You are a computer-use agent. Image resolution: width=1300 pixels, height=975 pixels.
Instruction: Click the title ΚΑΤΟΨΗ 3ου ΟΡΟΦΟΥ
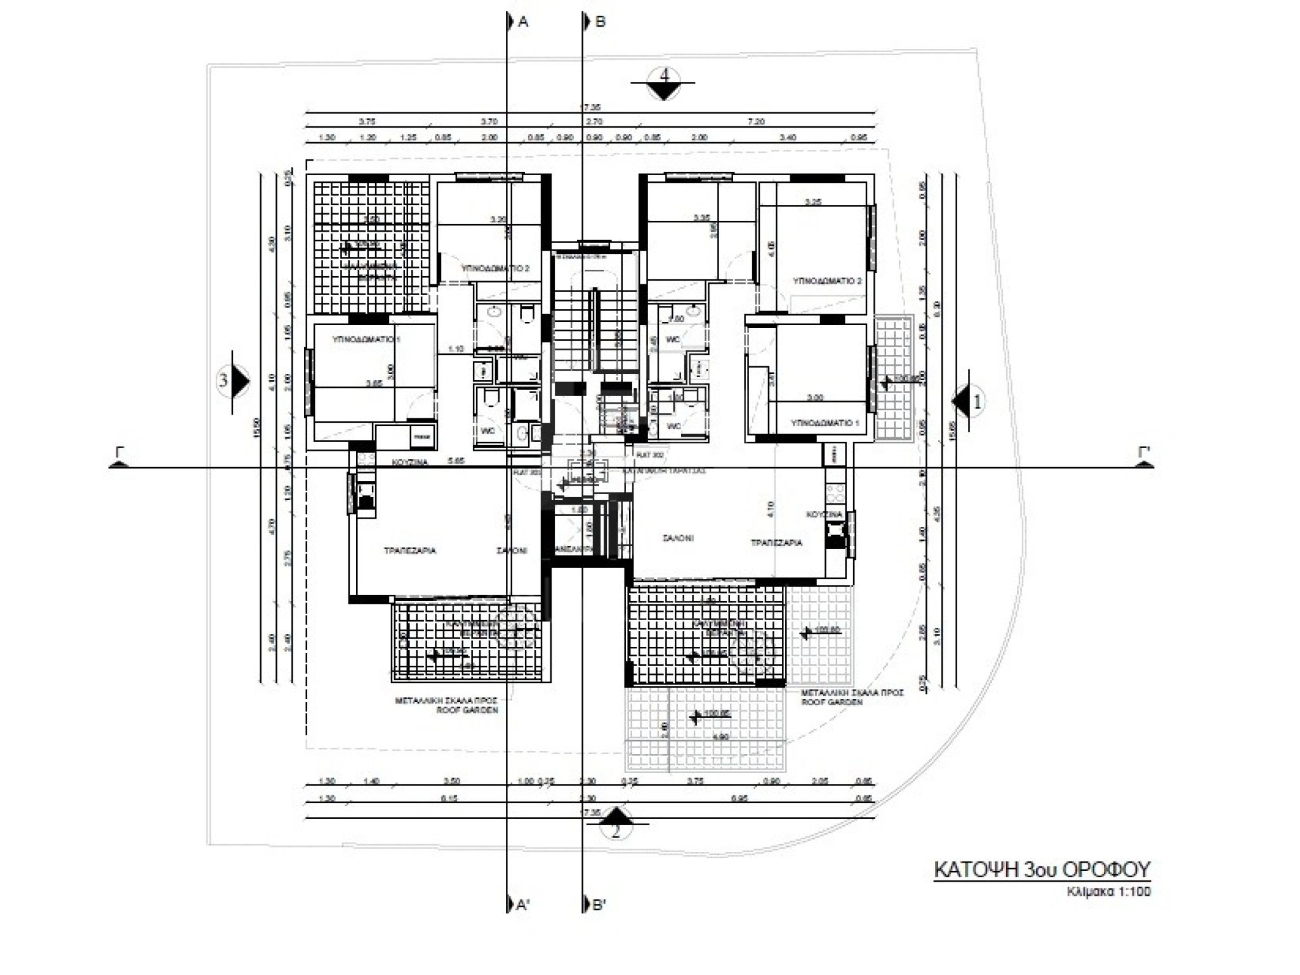click(x=1042, y=869)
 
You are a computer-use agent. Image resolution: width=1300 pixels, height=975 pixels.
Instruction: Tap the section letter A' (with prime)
click(x=523, y=905)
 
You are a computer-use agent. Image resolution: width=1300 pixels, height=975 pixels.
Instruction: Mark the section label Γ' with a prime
click(x=1144, y=453)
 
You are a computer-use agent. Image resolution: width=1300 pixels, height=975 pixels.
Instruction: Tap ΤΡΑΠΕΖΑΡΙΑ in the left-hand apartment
click(x=409, y=551)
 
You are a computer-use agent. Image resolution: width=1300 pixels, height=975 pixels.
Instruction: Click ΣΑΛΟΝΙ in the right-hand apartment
click(x=678, y=538)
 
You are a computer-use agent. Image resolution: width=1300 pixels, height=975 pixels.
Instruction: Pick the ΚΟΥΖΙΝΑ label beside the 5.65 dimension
click(x=409, y=463)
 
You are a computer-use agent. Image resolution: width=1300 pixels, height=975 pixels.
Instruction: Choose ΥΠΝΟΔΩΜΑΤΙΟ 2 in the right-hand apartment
click(x=826, y=281)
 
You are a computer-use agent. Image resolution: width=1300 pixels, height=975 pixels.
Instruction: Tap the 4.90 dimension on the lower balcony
click(x=720, y=737)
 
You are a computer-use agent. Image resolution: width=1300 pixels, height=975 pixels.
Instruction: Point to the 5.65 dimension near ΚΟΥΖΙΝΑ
click(x=456, y=461)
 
